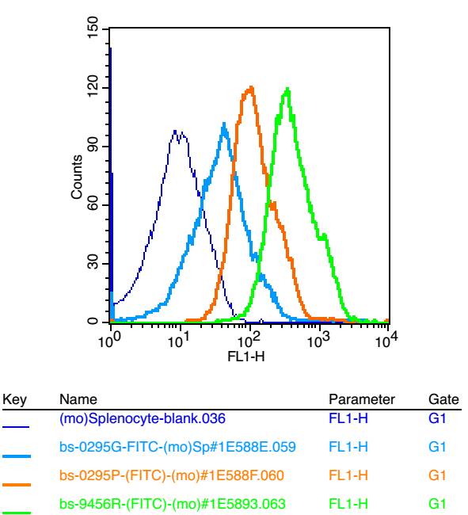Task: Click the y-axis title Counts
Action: click(x=77, y=177)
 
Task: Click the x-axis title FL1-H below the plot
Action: click(x=246, y=357)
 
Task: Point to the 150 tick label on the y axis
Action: click(x=93, y=27)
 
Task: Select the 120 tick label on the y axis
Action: click(x=93, y=86)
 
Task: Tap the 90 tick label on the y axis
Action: click(x=93, y=146)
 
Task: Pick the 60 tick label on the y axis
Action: click(x=93, y=204)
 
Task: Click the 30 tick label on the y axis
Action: click(x=93, y=263)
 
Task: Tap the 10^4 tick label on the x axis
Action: click(x=386, y=339)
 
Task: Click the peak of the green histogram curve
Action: click(x=287, y=88)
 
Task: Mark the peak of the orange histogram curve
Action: click(x=251, y=86)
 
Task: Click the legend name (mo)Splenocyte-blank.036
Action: click(x=143, y=419)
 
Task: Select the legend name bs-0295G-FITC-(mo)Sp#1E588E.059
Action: click(x=177, y=447)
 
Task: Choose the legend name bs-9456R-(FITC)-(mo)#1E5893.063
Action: click(x=173, y=503)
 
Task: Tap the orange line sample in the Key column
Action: click(x=17, y=485)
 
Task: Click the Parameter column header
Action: click(x=362, y=399)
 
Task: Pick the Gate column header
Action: click(x=443, y=399)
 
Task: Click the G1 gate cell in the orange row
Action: click(x=437, y=475)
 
